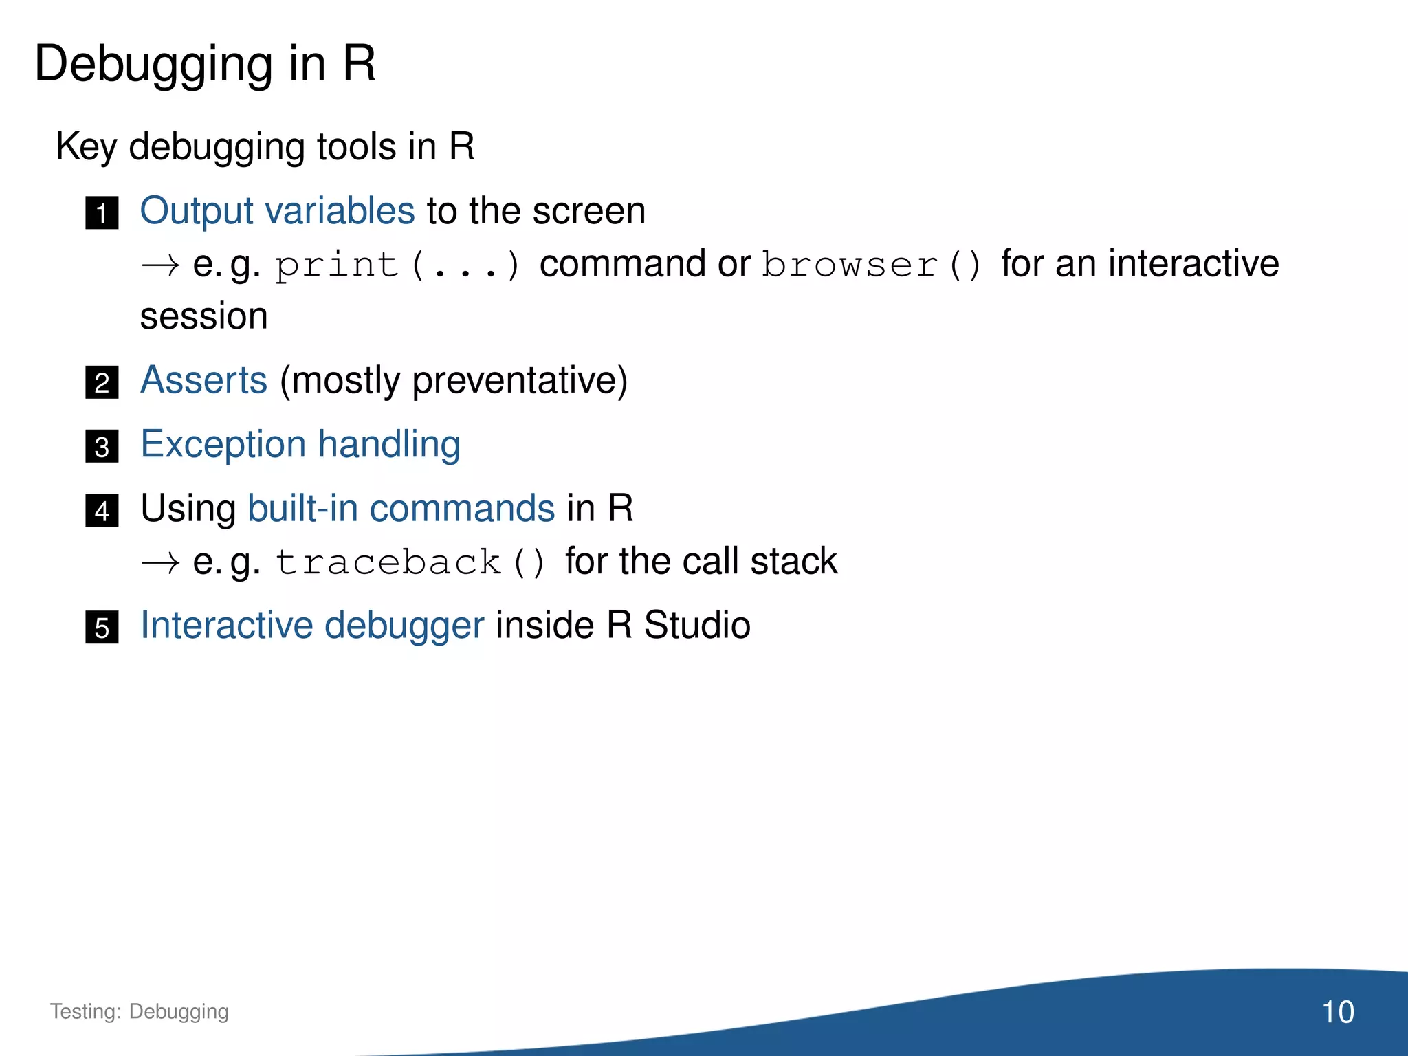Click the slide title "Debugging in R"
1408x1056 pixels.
pos(205,64)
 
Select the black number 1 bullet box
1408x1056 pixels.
pos(102,212)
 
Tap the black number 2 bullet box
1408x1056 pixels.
pos(102,382)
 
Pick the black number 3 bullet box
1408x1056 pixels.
pos(102,446)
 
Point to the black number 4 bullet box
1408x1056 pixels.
pos(102,510)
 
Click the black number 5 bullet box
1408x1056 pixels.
pos(102,627)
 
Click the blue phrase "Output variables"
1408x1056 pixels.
pos(277,210)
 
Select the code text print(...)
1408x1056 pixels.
pos(397,265)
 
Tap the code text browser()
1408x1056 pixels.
pos(872,265)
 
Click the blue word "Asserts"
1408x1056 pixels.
pos(203,379)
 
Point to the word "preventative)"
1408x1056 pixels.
pos(519,381)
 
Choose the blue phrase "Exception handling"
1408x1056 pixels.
pos(300,444)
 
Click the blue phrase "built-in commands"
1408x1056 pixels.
pos(401,508)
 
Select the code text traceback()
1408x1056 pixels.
pos(410,562)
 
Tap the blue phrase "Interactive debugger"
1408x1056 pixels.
pos(312,626)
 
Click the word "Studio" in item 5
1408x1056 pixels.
pos(696,625)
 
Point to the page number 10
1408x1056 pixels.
pos(1337,1012)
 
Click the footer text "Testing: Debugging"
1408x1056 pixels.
pos(140,1011)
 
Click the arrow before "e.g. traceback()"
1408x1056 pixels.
pos(160,563)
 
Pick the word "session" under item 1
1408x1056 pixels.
pos(203,317)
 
